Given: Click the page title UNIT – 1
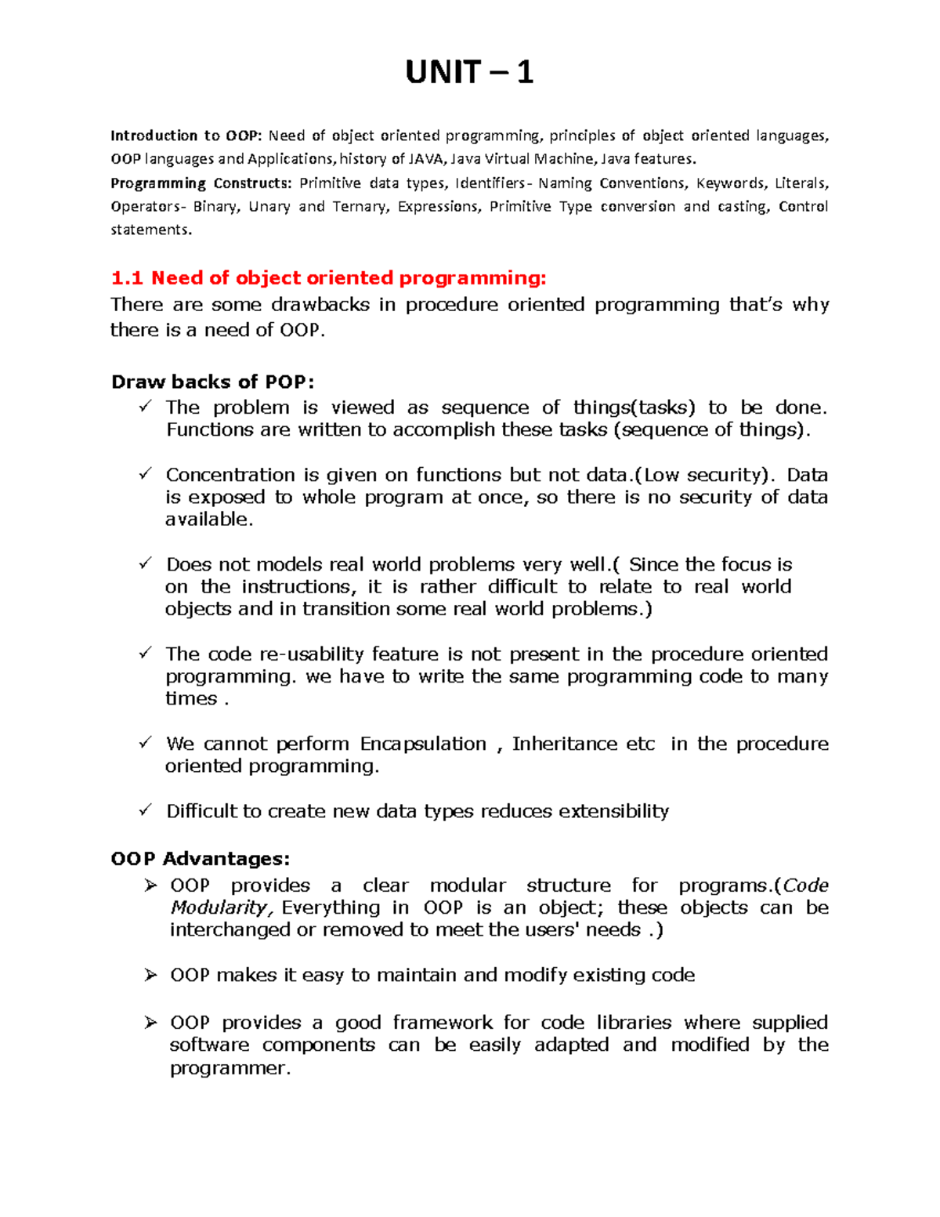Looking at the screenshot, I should pyautogui.click(x=469, y=73).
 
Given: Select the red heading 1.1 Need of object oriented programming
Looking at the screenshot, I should pyautogui.click(x=328, y=278).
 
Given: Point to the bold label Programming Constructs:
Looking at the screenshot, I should pyautogui.click(x=200, y=183).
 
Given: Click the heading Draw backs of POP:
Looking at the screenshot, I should pyautogui.click(x=212, y=382).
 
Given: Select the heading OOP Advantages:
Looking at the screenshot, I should pyautogui.click(x=201, y=859).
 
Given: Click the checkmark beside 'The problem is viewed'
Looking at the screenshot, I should pyautogui.click(x=146, y=407).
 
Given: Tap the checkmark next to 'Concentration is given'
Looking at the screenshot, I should pyautogui.click(x=146, y=474).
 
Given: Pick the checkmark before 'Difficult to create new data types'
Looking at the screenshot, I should pyautogui.click(x=146, y=810).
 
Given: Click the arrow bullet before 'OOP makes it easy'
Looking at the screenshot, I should pyautogui.click(x=150, y=975).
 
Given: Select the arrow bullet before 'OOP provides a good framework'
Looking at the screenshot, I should pyautogui.click(x=150, y=1023).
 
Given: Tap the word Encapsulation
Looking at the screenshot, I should pyautogui.click(x=423, y=744).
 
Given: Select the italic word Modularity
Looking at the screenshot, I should pyautogui.click(x=221, y=907).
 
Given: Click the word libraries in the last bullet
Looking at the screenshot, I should pyautogui.click(x=634, y=1023).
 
